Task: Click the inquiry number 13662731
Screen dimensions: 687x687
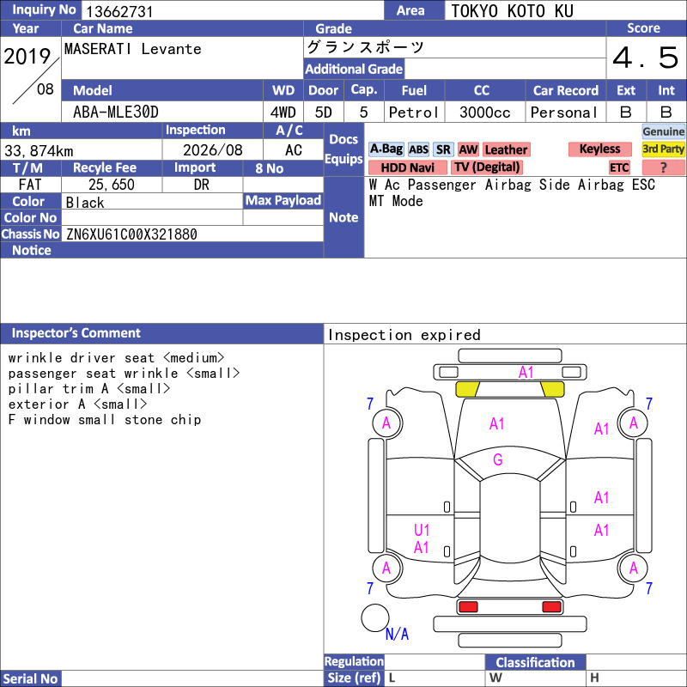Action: (x=119, y=11)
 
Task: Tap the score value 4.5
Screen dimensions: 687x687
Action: (x=646, y=58)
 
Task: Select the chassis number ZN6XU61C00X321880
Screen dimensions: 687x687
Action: (x=131, y=234)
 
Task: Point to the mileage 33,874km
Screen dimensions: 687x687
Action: (x=39, y=151)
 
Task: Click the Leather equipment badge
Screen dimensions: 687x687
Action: (x=507, y=149)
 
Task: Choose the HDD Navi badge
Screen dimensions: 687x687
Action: (x=407, y=167)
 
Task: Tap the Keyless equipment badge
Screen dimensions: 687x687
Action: (x=599, y=149)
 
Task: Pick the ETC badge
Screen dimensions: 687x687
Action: (x=619, y=167)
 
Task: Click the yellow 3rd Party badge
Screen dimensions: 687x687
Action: (x=663, y=149)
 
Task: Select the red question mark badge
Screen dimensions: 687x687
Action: (x=663, y=167)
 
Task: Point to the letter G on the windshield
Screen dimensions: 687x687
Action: (x=498, y=459)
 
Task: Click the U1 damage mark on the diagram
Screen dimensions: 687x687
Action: (x=422, y=530)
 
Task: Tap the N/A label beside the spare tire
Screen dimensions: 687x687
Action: (x=397, y=634)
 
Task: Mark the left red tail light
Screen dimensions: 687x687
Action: (x=468, y=607)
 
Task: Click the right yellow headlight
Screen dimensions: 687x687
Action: (x=553, y=389)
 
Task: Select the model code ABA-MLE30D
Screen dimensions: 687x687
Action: (x=116, y=112)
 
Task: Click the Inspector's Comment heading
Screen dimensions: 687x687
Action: (x=76, y=333)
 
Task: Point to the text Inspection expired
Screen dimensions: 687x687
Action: (x=404, y=335)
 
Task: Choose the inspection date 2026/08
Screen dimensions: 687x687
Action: (x=212, y=150)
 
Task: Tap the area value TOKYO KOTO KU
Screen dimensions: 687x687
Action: (x=512, y=11)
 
